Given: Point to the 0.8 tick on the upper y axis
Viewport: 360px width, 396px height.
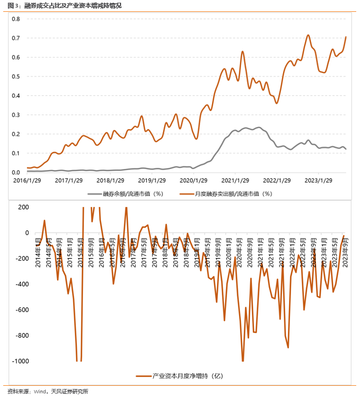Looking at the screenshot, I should (x=16, y=19).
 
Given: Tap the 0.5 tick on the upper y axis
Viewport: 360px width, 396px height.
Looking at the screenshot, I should (x=16, y=76).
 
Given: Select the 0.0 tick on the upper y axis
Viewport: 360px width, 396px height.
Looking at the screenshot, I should (x=16, y=172).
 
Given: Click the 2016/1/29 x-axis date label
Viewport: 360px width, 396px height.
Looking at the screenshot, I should (x=27, y=181).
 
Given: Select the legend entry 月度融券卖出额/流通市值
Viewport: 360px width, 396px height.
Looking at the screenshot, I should (x=232, y=193).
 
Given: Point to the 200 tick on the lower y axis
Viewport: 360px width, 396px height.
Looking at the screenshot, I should (x=23, y=207).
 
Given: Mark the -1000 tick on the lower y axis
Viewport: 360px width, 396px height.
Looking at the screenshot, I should (x=20, y=361).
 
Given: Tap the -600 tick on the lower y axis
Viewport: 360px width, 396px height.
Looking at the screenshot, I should (x=22, y=310).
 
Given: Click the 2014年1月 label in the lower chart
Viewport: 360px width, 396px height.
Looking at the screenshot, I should (x=38, y=249).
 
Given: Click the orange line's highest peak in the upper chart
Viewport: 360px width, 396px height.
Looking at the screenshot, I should (x=308, y=36).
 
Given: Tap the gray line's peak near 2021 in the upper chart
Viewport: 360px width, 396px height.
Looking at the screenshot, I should (x=259, y=127).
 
